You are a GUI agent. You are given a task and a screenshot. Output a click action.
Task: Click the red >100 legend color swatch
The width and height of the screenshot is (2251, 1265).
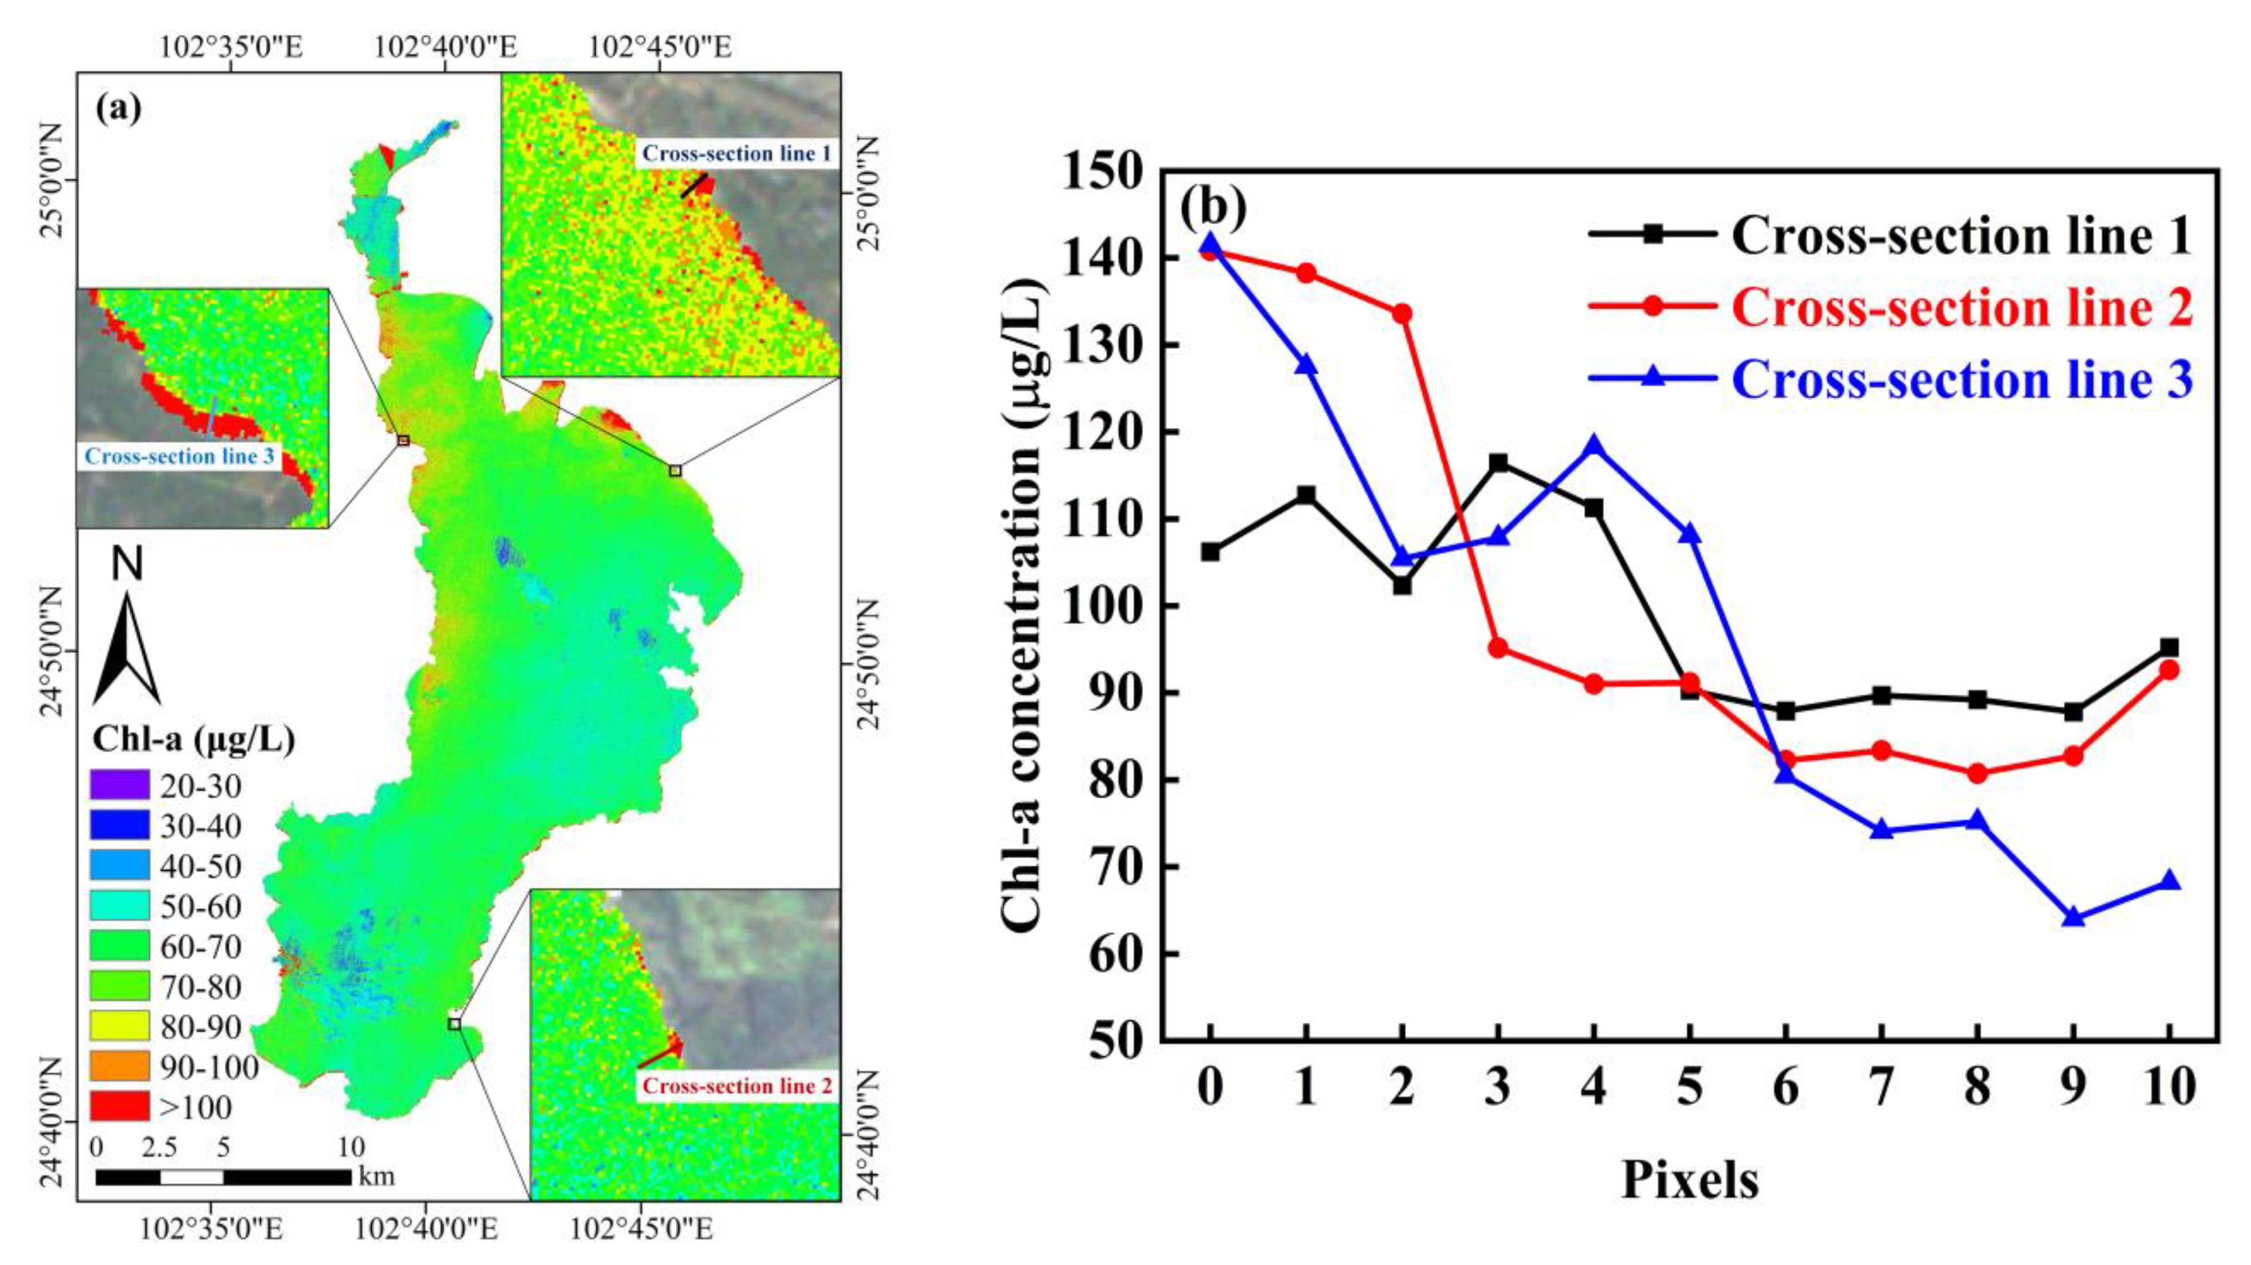119,1106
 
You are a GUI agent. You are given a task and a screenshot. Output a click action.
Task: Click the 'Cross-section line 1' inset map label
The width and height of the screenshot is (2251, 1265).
736,154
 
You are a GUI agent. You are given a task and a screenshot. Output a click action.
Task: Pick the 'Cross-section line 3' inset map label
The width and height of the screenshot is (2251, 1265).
179,456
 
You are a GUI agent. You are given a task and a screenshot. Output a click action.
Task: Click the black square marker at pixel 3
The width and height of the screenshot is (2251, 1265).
1498,462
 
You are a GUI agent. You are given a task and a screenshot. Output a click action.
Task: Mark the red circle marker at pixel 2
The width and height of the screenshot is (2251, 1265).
1401,314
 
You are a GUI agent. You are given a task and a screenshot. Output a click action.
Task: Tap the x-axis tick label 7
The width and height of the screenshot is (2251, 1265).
1881,1089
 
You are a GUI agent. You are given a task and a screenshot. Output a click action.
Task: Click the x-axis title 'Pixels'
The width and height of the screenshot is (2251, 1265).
1689,1180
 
